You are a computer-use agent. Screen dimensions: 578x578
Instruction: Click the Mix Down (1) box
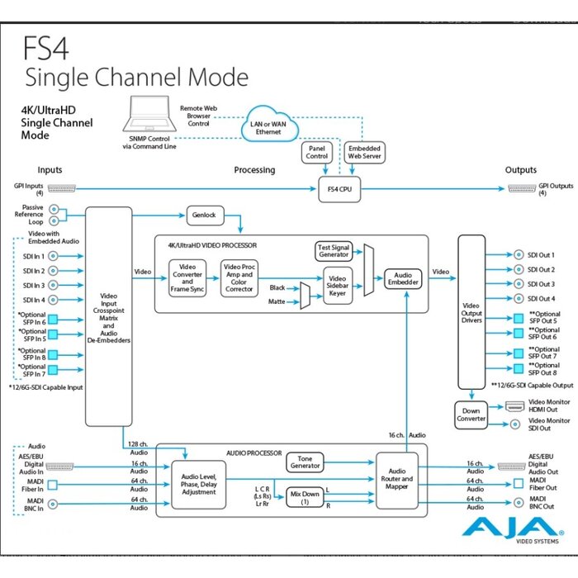pyautogui.click(x=306, y=497)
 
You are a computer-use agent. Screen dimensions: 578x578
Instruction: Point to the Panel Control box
pyautogui.click(x=316, y=152)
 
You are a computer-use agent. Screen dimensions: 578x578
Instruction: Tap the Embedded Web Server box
pyautogui.click(x=363, y=152)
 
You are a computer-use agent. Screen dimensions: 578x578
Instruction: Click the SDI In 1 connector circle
pyautogui.click(x=54, y=256)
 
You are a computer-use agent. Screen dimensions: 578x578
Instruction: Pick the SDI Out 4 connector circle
pyautogui.click(x=519, y=299)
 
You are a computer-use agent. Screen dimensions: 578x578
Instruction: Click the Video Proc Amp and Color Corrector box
pyautogui.click(x=239, y=279)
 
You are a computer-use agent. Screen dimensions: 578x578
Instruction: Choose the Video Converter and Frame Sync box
pyautogui.click(x=187, y=279)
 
